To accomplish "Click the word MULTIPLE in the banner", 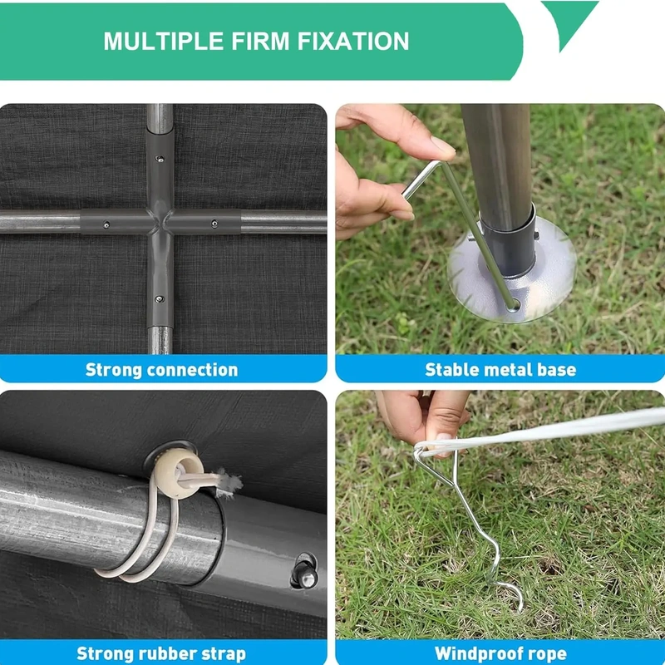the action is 163,41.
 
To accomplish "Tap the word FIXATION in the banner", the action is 352,41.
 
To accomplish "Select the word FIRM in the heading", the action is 260,41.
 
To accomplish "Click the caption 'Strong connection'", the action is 161,370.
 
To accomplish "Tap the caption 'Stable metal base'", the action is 500,370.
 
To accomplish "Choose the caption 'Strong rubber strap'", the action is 161,653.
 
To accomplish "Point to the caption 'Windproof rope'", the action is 500,653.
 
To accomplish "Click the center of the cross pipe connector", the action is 160,221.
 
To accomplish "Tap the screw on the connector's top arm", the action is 160,160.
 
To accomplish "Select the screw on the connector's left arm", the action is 106,224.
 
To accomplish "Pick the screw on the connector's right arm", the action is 214,224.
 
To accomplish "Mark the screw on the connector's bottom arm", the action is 159,299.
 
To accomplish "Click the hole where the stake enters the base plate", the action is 515,305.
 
